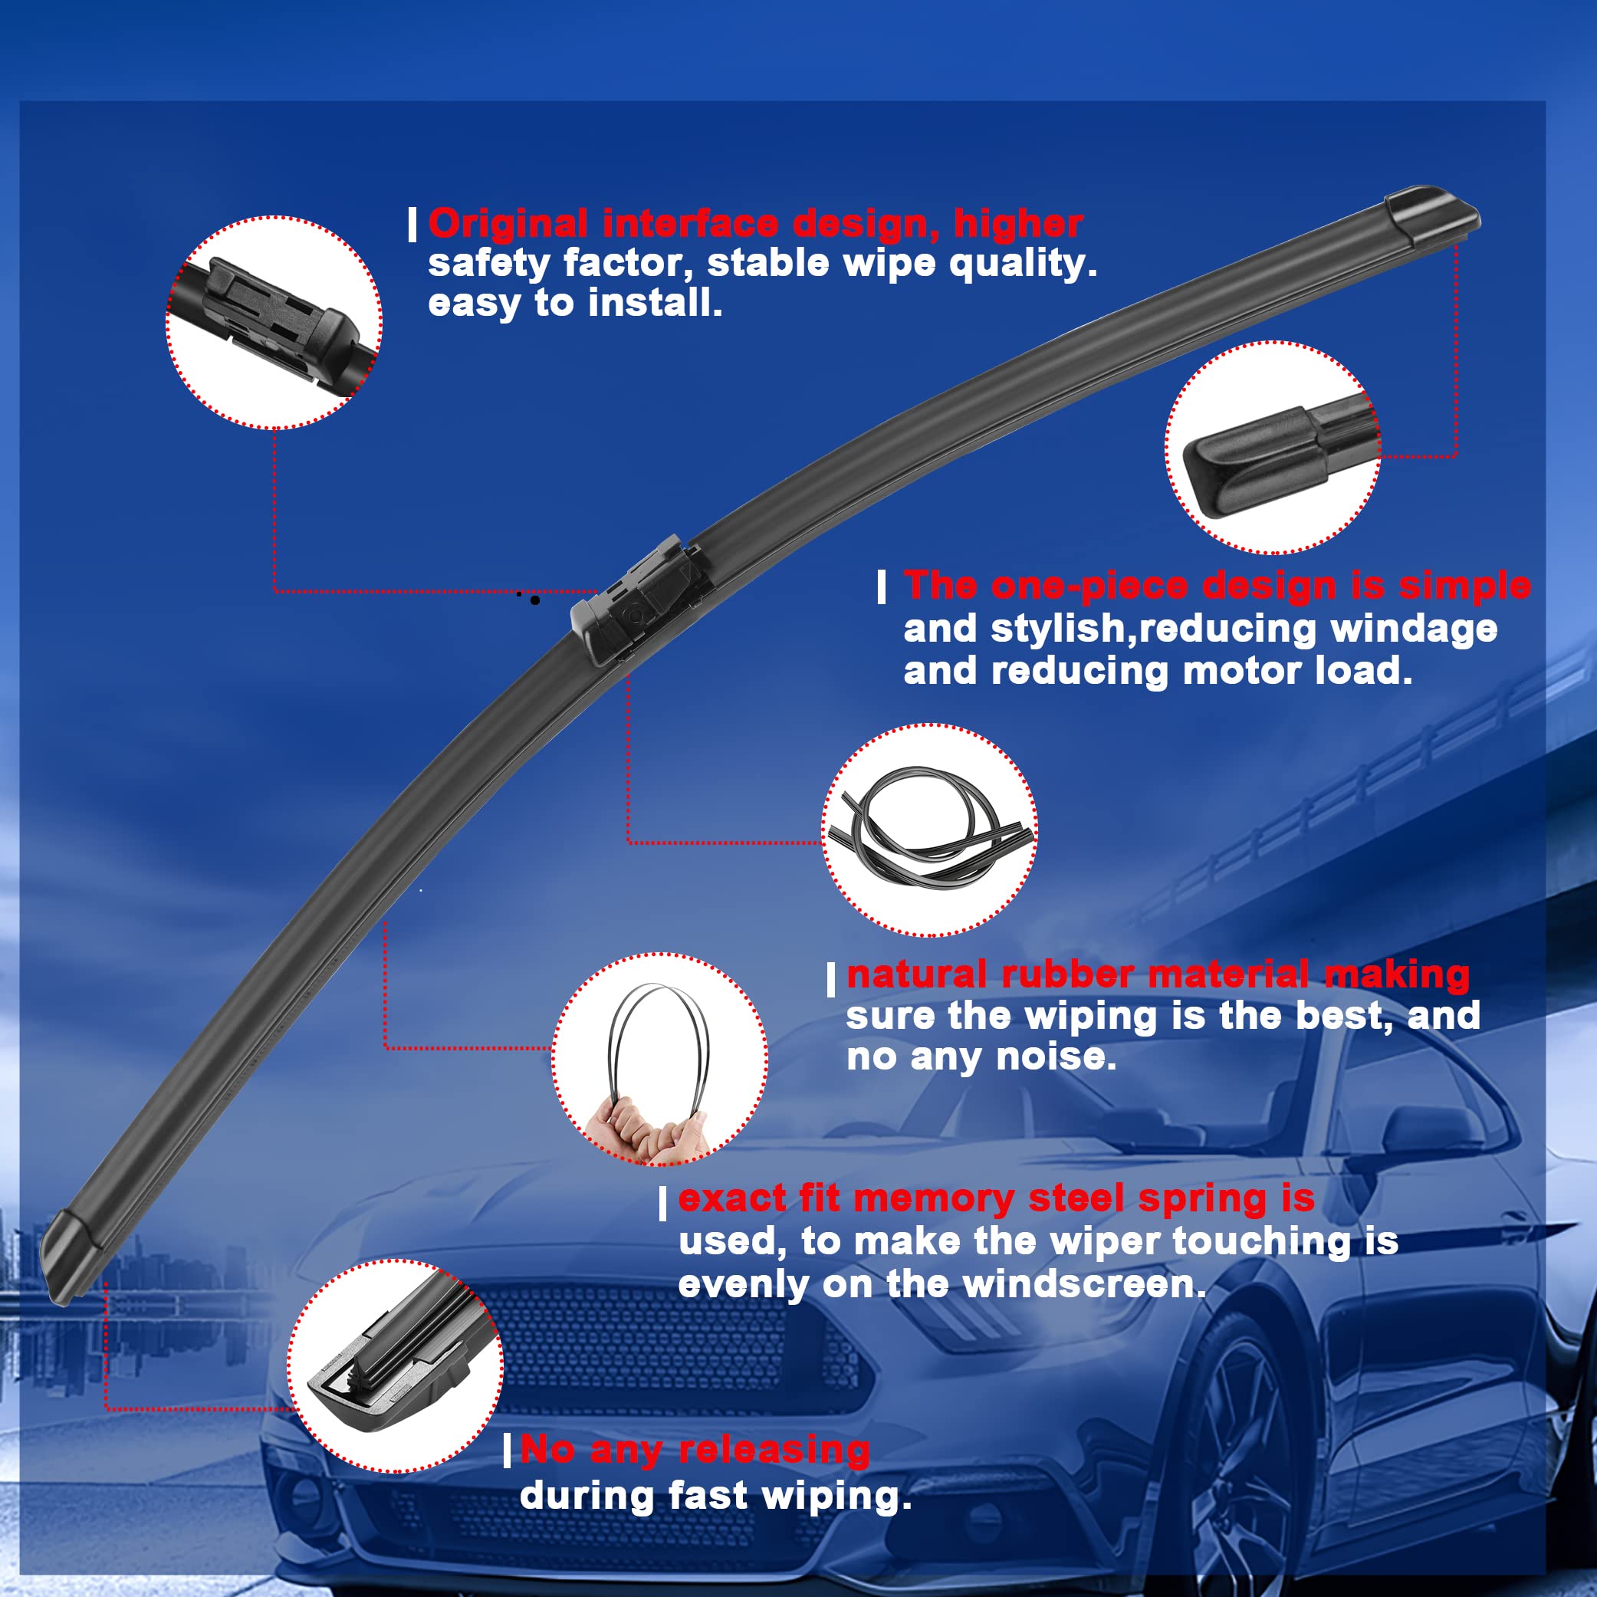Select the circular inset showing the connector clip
274,322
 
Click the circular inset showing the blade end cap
1271,447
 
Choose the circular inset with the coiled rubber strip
929,830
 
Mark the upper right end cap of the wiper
1431,216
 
